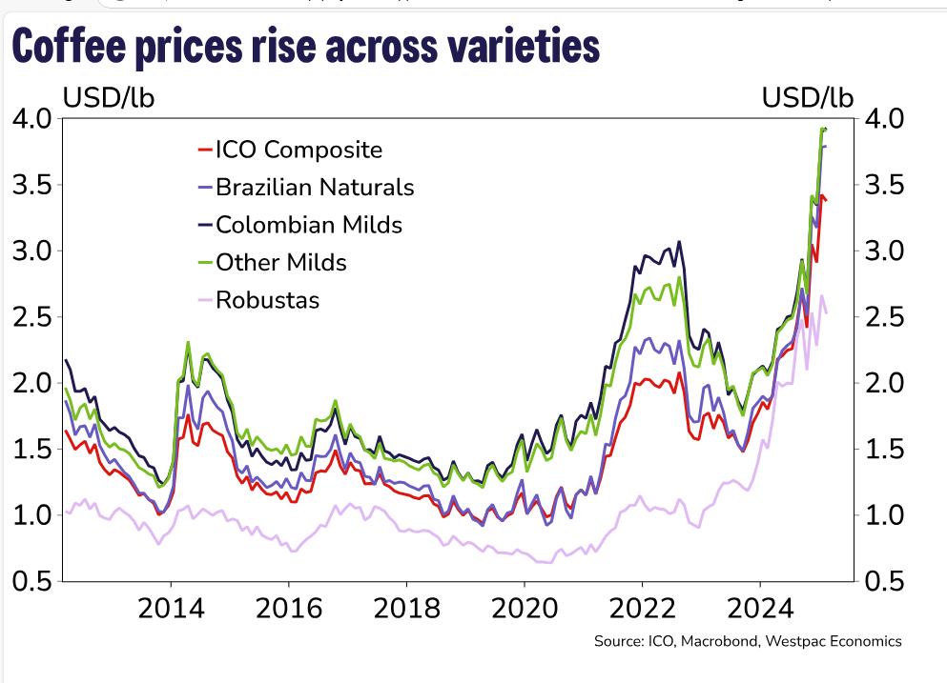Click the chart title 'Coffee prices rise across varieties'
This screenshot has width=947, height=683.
point(306,45)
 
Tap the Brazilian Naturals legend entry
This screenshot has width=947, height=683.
point(315,187)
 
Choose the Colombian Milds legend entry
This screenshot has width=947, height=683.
point(309,225)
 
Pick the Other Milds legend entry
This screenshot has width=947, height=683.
point(280,262)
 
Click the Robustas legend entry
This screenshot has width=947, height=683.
point(267,300)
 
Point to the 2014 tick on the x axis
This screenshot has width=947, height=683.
point(171,607)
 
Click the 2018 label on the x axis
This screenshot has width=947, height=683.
point(406,607)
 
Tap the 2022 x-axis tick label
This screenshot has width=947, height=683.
point(642,607)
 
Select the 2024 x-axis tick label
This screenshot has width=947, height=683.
point(759,607)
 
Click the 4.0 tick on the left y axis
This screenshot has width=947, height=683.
point(31,119)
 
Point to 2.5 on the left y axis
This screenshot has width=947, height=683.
point(31,317)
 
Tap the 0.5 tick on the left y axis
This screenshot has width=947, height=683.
point(31,581)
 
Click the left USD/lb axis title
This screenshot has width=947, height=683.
point(109,97)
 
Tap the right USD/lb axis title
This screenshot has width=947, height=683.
point(808,97)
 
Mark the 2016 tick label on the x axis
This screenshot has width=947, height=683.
point(288,607)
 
